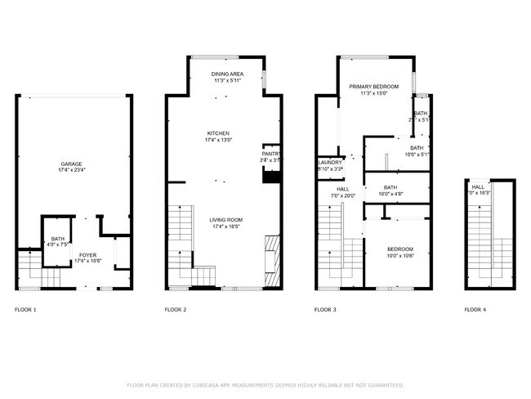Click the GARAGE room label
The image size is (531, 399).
(x=70, y=164)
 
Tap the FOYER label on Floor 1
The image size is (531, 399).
(x=87, y=255)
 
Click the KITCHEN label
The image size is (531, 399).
(x=217, y=133)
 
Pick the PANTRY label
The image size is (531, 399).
(x=271, y=153)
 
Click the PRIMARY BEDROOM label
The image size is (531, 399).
(x=373, y=87)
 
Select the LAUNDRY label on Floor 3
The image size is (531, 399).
(x=329, y=162)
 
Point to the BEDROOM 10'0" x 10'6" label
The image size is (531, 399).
(x=399, y=249)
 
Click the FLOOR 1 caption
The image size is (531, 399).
(x=26, y=310)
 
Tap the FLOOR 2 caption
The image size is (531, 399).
(x=176, y=310)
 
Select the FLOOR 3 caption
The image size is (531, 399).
(x=326, y=310)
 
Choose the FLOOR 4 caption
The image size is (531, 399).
(x=475, y=310)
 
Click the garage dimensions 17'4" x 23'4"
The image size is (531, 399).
(x=70, y=170)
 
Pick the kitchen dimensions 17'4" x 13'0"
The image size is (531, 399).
(x=217, y=140)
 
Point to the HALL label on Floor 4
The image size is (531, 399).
(x=478, y=186)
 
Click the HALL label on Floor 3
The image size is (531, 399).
(x=343, y=188)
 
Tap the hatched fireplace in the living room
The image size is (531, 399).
(x=273, y=254)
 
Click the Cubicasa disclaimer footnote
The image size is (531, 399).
(x=265, y=384)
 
